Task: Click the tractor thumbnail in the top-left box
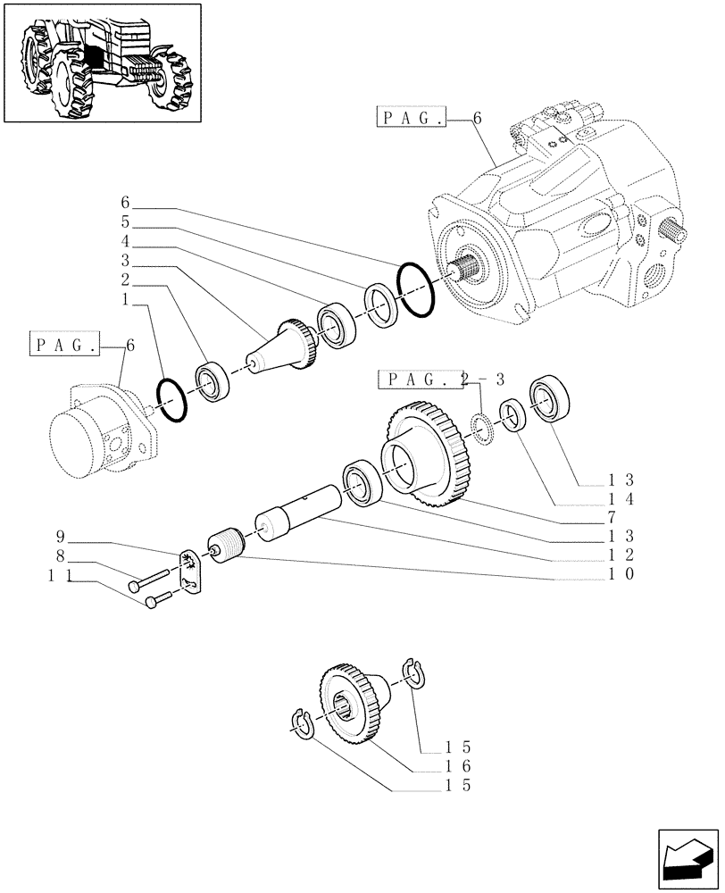[102, 62]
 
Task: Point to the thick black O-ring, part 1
[171, 399]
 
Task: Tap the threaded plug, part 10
[225, 545]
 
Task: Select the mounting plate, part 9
[191, 570]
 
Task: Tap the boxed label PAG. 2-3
[428, 379]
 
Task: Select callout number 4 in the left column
[126, 241]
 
